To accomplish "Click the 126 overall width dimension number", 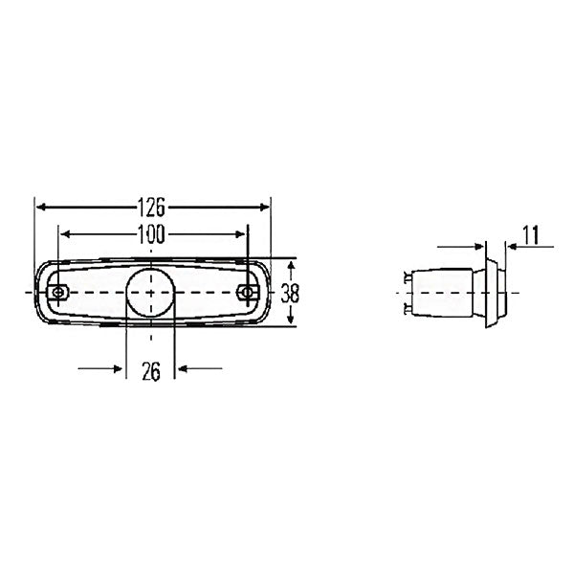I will tap(151, 206).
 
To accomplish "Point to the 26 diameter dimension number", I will tap(150, 373).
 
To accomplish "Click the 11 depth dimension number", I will tap(532, 232).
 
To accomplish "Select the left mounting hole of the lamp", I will tap(59, 292).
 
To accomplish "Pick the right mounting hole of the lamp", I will tap(247, 292).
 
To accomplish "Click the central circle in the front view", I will tap(150, 291).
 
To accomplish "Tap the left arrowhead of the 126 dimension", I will tap(40, 206).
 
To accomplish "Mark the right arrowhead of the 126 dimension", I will tap(265, 206).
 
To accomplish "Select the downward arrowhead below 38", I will tap(292, 321).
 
